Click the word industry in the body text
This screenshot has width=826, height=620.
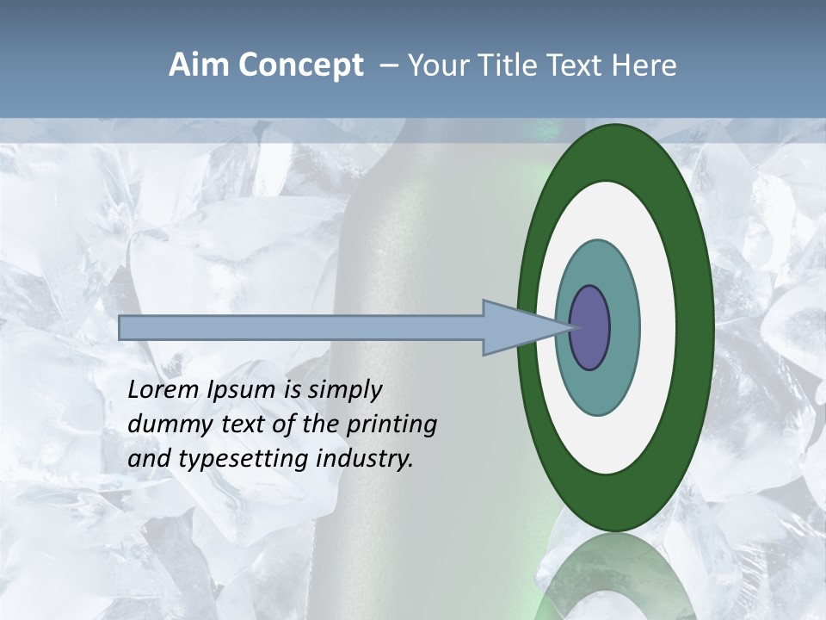365,460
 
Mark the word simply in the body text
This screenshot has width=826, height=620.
345,391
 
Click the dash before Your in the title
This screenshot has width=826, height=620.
389,66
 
